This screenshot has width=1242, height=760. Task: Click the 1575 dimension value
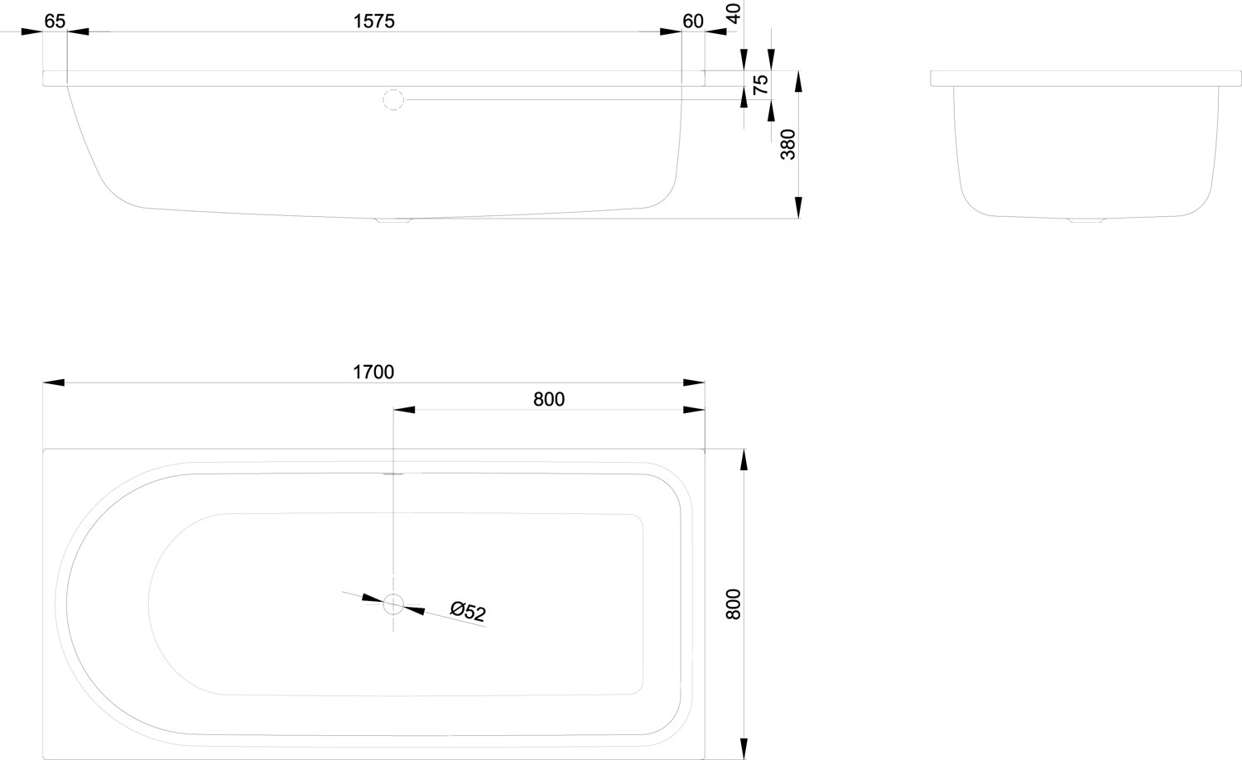click(x=373, y=22)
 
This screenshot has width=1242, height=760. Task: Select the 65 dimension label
click(x=55, y=22)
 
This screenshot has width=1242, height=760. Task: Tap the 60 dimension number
click(x=693, y=22)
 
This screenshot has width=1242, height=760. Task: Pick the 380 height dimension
click(x=788, y=144)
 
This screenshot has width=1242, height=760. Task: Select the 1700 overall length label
click(x=373, y=373)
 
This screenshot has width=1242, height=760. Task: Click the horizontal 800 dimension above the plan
click(x=548, y=399)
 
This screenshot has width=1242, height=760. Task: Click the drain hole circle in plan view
click(x=393, y=604)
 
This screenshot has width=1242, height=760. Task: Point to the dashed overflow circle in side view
click(x=393, y=100)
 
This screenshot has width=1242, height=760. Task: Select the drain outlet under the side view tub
click(x=393, y=220)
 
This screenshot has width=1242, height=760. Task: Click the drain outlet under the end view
click(x=1086, y=220)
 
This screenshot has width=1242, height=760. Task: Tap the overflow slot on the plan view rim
click(x=393, y=474)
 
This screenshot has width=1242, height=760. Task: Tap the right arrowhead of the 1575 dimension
click(x=670, y=31)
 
